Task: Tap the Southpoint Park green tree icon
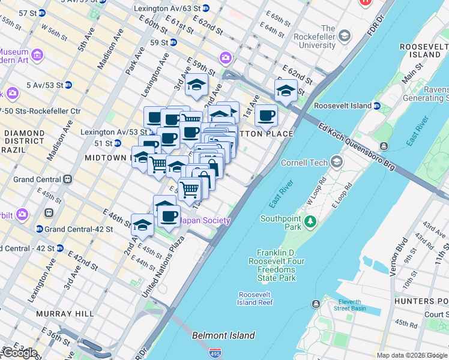(x=310, y=222)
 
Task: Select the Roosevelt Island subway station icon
(x=376, y=106)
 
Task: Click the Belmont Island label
(x=223, y=335)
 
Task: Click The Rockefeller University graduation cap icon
(x=345, y=37)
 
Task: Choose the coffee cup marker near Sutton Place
(x=266, y=116)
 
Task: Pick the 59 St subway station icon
(x=173, y=43)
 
